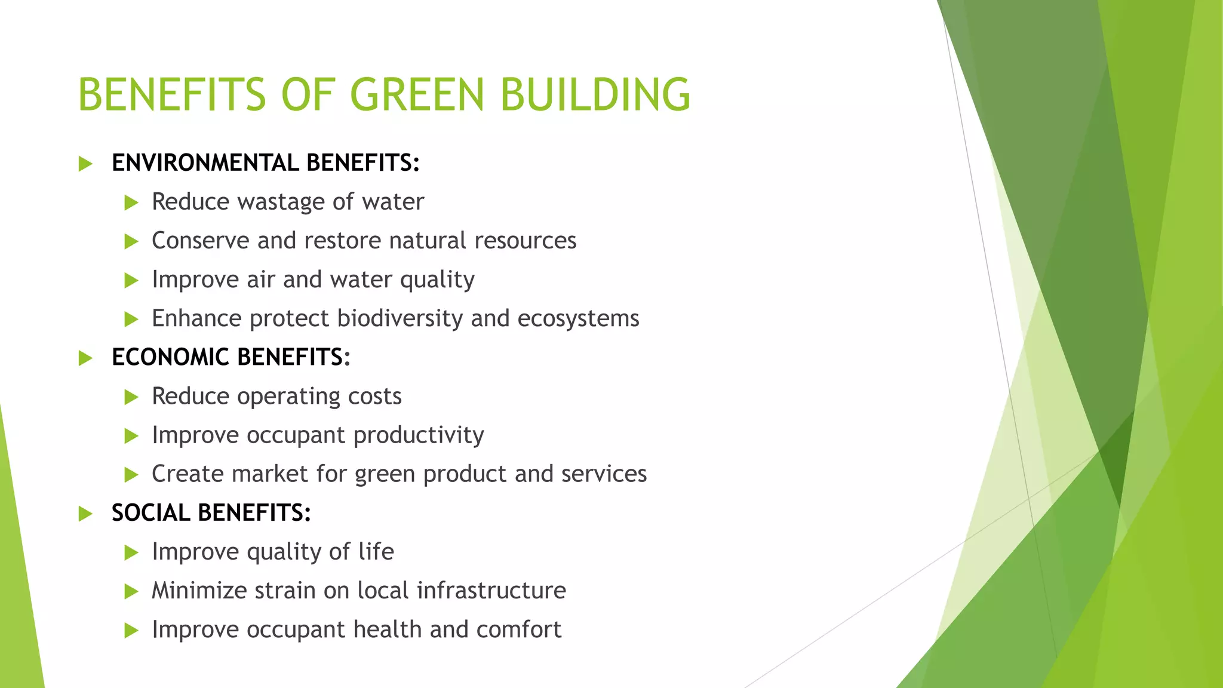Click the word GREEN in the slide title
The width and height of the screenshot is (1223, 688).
416,94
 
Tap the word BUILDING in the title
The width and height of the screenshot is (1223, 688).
595,94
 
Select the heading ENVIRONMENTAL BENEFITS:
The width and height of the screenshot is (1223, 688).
266,163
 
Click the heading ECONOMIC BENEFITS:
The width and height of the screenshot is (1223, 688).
231,357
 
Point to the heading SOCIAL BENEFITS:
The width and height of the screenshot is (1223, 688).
211,513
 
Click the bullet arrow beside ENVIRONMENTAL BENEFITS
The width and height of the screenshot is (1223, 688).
85,164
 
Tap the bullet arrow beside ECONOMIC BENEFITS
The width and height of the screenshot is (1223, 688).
85,358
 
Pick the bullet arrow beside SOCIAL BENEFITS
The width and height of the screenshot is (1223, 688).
85,514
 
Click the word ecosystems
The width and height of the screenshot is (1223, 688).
578,319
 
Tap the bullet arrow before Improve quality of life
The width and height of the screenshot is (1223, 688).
131,552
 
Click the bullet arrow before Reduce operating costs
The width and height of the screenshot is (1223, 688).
131,397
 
